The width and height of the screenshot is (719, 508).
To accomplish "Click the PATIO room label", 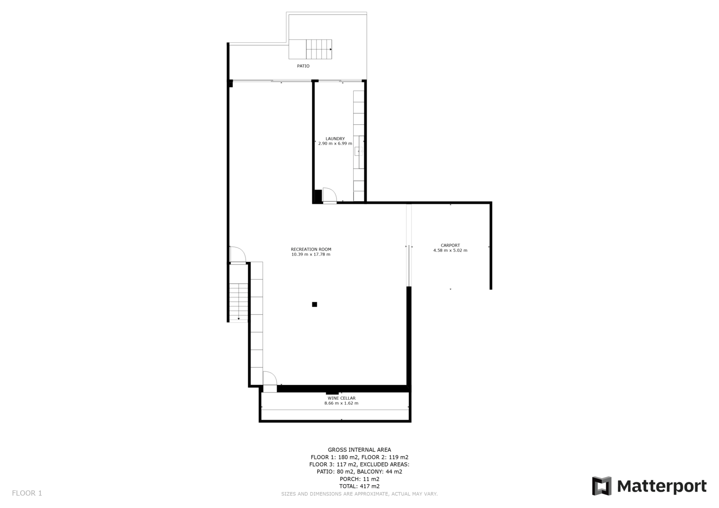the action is point(303,66).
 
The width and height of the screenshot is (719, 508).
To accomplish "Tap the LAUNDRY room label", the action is point(335,139).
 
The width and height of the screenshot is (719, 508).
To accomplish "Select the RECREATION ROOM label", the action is point(311,249).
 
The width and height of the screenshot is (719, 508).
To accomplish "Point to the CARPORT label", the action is point(450,245).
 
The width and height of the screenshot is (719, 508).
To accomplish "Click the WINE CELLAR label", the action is point(341,398).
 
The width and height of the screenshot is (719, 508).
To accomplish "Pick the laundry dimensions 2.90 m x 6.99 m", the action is point(335,143).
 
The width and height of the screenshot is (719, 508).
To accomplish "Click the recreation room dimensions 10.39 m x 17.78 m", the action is point(311,254).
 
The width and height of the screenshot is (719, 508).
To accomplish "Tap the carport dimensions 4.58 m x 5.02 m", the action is point(450,250).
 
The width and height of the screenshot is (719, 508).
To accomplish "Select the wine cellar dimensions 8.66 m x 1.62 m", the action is point(341,403).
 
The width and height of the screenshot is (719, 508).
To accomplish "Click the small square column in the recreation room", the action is point(315,304).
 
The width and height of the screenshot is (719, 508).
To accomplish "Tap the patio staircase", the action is point(311,49).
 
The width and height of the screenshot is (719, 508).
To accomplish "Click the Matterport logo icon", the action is point(602,486).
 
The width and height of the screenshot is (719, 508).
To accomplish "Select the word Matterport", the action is point(662,486).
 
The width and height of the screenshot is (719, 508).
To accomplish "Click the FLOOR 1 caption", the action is point(27,493).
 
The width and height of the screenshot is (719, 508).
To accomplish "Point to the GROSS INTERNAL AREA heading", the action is point(359,450).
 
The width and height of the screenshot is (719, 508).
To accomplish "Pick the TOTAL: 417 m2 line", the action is point(359,486).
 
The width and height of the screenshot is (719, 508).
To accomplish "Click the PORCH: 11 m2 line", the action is point(359,479).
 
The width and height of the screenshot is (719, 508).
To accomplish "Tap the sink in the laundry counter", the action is point(359,151).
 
